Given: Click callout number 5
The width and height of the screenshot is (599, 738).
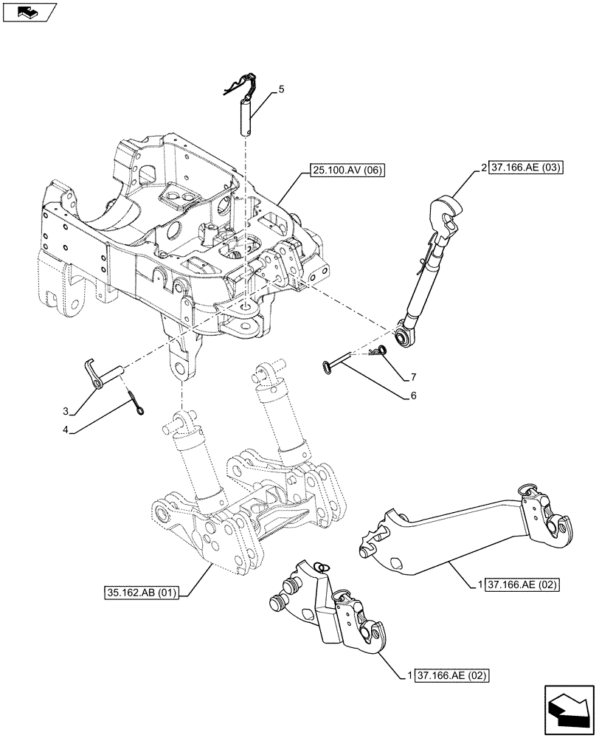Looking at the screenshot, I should click(281, 89).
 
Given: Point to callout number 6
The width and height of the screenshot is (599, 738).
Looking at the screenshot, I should click(414, 396).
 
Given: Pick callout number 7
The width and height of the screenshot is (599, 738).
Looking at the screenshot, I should click(414, 377).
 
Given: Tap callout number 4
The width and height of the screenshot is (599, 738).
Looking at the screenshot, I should click(66, 429).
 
